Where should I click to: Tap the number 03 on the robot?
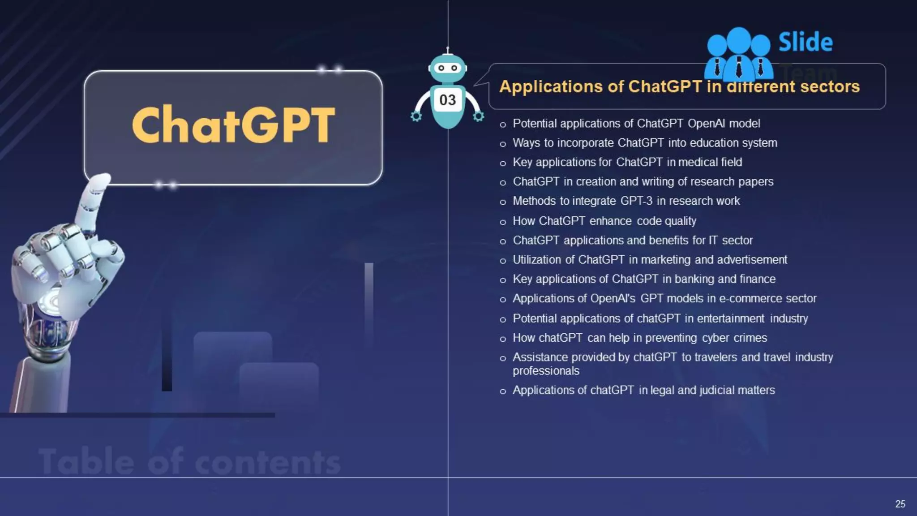click(x=447, y=100)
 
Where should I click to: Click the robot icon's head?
click(x=447, y=68)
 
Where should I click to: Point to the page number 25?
click(x=900, y=504)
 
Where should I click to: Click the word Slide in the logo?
click(x=806, y=43)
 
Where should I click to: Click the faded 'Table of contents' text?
click(x=189, y=461)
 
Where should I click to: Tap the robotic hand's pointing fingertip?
click(x=102, y=180)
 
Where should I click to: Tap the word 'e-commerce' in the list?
click(x=746, y=298)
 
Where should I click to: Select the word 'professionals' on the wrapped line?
click(x=546, y=371)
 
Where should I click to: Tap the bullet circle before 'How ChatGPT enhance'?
click(x=503, y=222)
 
